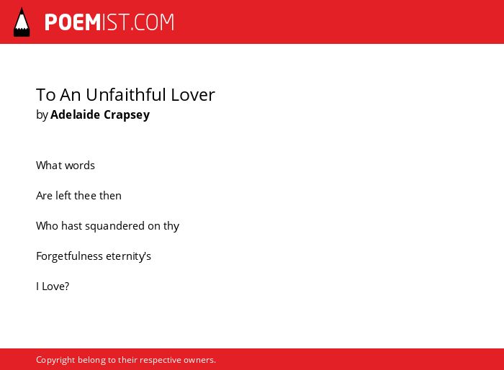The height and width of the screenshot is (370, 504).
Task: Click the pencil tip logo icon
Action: (22, 22)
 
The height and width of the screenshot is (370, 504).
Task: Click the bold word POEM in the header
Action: (73, 22)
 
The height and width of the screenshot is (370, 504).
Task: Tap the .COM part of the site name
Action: (152, 22)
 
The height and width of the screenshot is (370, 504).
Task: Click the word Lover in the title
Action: (193, 95)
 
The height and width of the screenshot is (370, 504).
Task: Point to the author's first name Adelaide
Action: (75, 114)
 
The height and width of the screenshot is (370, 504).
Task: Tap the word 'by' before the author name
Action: (42, 115)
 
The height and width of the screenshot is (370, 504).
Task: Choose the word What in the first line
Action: (48, 166)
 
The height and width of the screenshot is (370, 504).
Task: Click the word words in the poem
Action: (79, 166)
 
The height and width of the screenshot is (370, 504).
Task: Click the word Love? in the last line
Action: (55, 286)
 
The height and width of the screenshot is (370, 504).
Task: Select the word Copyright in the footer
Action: (55, 360)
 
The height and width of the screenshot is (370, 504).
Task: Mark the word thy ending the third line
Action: (171, 226)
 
